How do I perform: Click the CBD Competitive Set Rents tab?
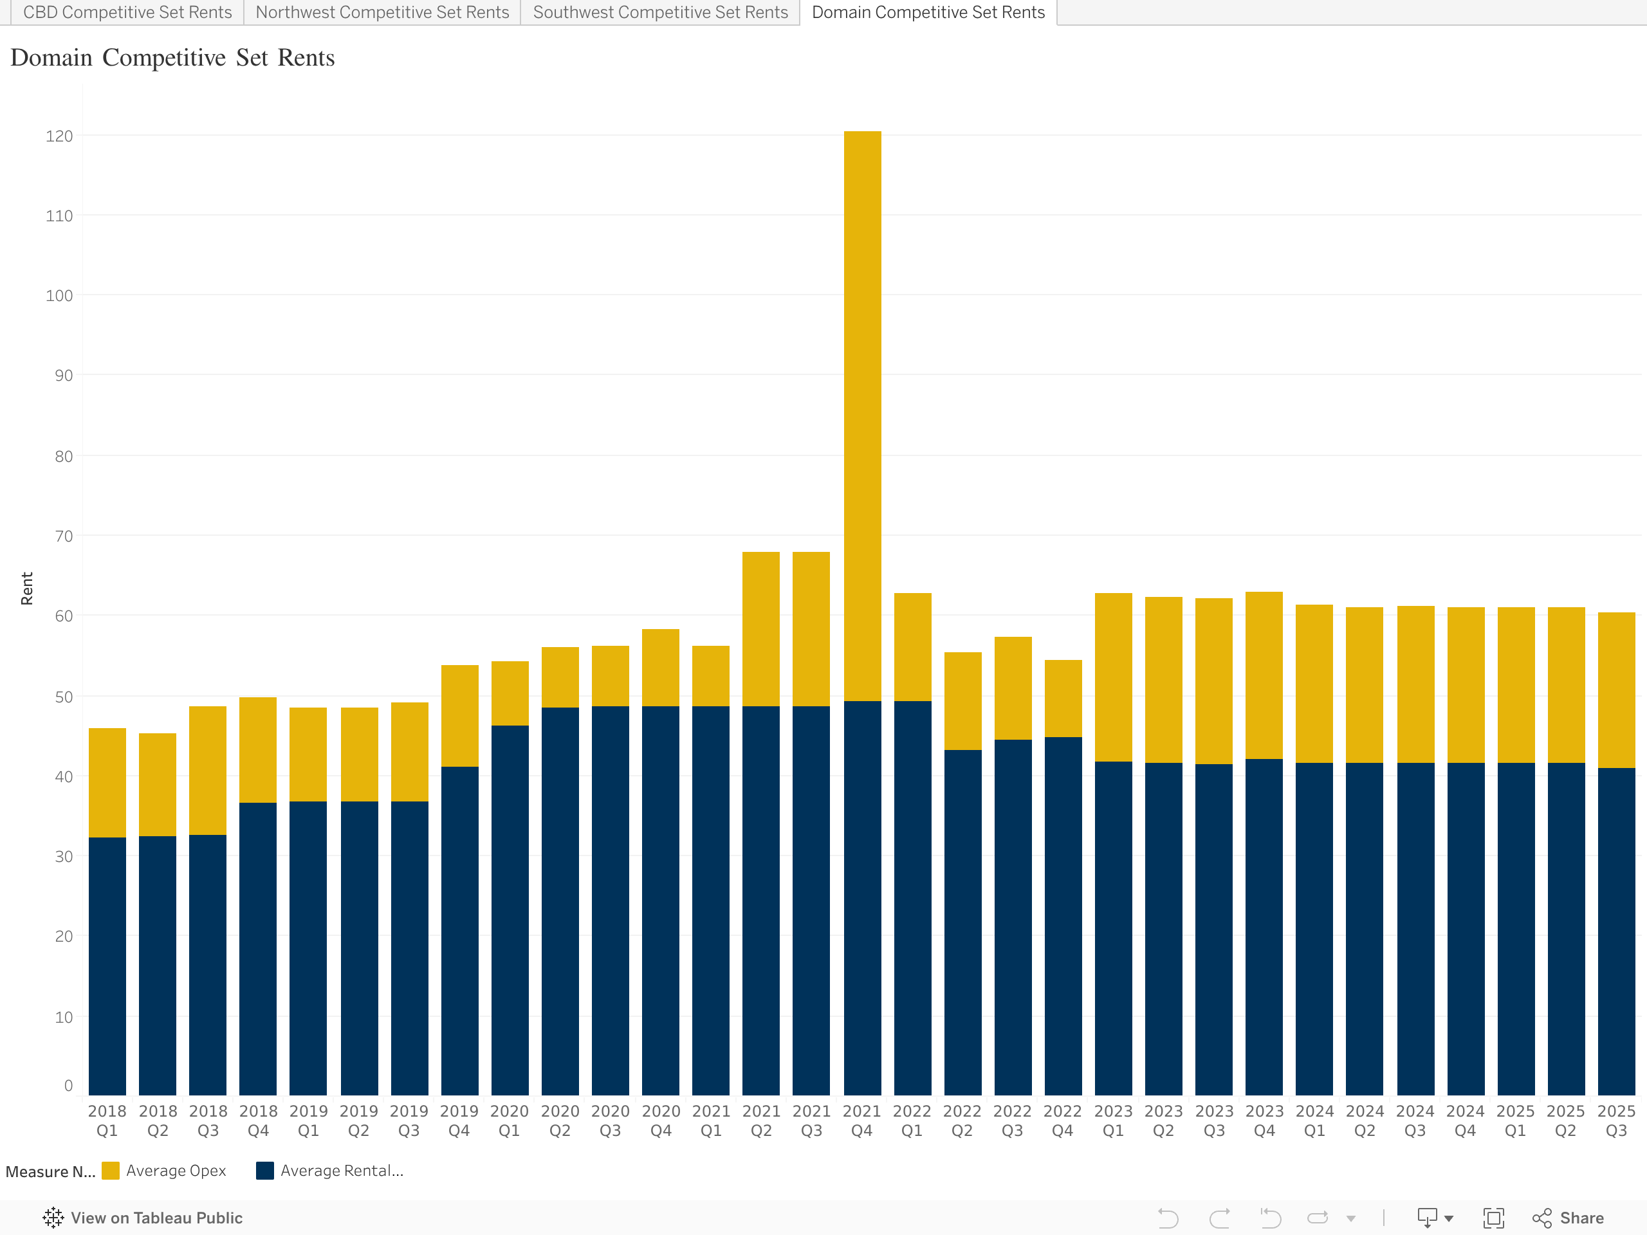tap(127, 13)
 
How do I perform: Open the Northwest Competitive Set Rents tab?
tap(382, 13)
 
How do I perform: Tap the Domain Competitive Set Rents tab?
tap(928, 13)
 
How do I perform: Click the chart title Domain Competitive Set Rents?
tap(172, 58)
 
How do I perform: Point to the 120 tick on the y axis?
tap(60, 136)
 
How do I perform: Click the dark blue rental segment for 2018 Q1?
tap(107, 968)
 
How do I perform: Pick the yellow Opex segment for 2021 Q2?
tap(761, 629)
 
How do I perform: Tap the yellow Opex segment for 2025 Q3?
tap(1615, 690)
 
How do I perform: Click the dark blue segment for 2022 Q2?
tap(962, 923)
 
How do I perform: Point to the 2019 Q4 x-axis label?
tap(459, 1121)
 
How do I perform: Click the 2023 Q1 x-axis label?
tap(1113, 1121)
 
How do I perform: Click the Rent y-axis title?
tap(27, 588)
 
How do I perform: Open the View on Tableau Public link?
tap(143, 1218)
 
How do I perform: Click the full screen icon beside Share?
tap(1494, 1218)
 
